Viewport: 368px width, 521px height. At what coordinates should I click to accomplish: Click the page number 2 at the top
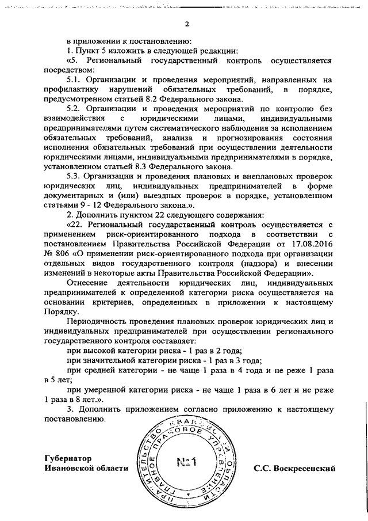coord(187,24)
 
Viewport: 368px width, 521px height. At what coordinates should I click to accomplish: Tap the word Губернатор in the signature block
coord(68,459)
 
